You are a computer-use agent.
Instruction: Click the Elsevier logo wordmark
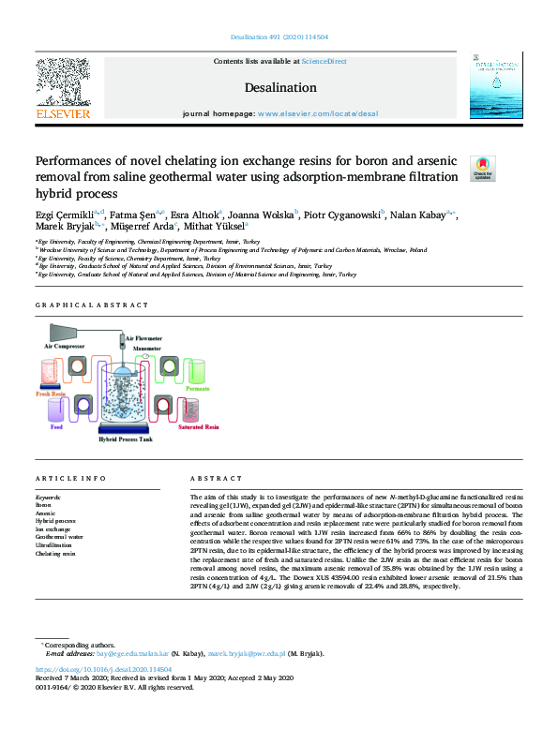pos(63,114)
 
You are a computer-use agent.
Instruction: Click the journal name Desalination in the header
pos(279,87)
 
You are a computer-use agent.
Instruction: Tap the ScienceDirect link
pos(324,61)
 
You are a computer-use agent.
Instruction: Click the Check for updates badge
pos(482,167)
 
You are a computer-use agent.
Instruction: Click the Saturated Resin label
pos(198,427)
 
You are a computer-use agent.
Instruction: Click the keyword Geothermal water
pos(58,538)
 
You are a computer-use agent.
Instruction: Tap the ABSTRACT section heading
pos(208,477)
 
